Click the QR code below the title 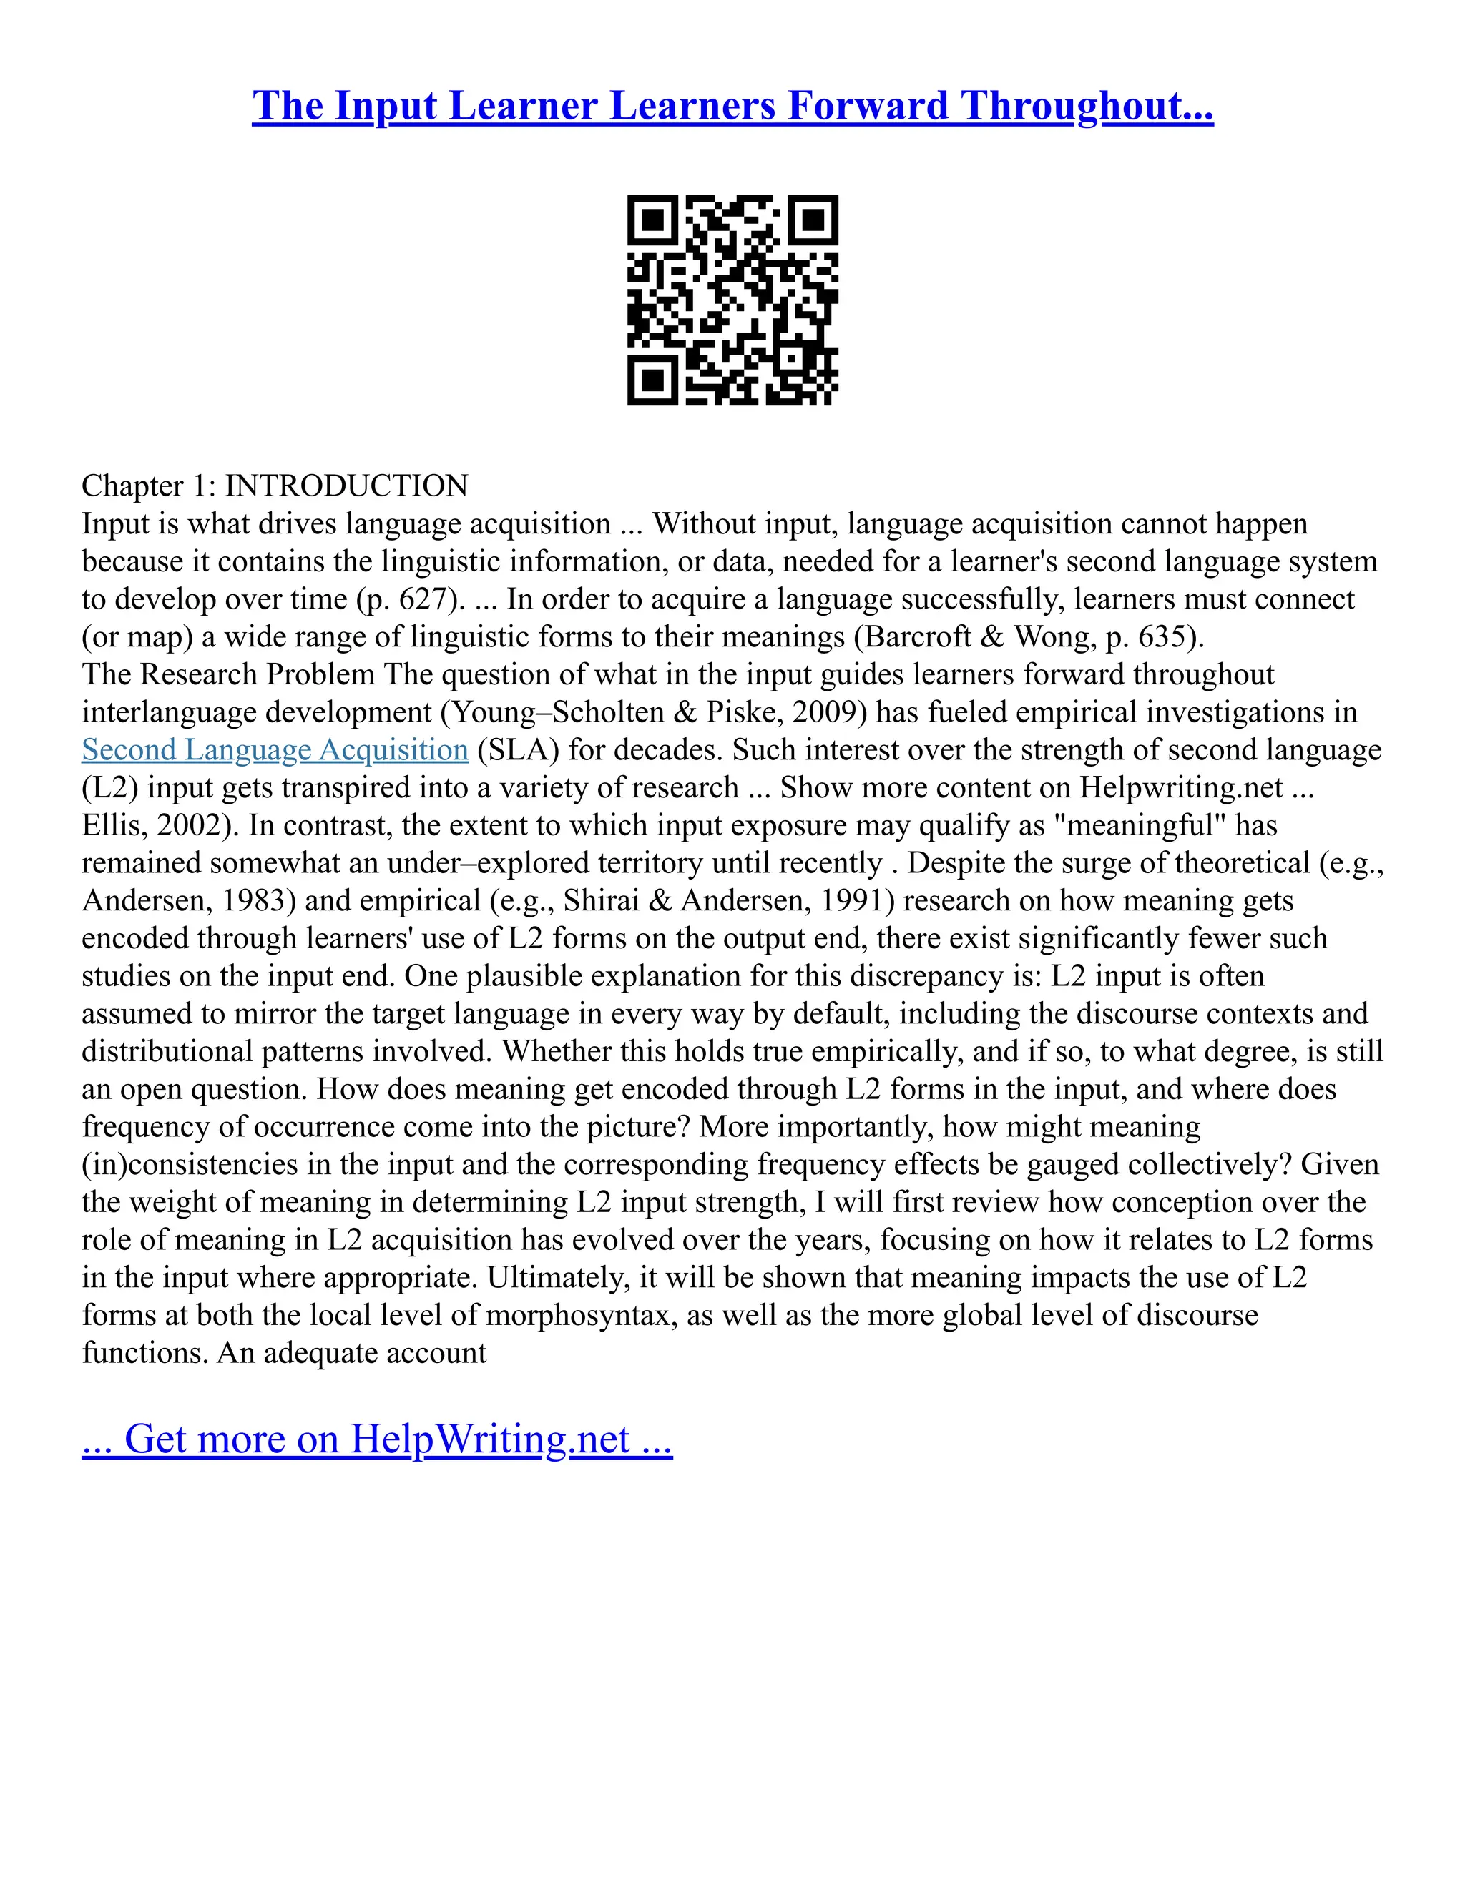(732, 300)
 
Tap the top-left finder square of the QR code (652, 220)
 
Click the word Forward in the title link (868, 106)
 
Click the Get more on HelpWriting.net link (377, 1439)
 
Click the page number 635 (1163, 637)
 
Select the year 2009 (825, 712)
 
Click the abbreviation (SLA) (518, 749)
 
